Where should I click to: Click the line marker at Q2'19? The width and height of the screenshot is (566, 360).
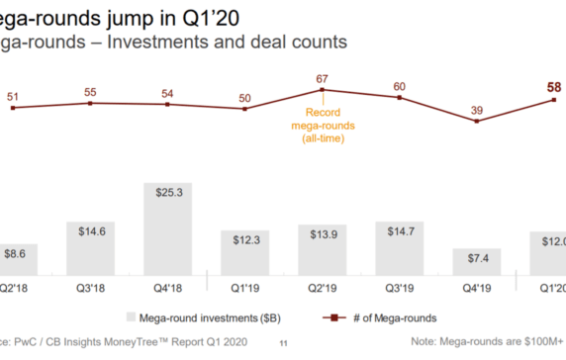324,90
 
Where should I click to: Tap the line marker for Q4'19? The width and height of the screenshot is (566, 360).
478,121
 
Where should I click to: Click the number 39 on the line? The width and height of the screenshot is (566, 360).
478,109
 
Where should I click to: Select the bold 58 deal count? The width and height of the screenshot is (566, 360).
555,87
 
